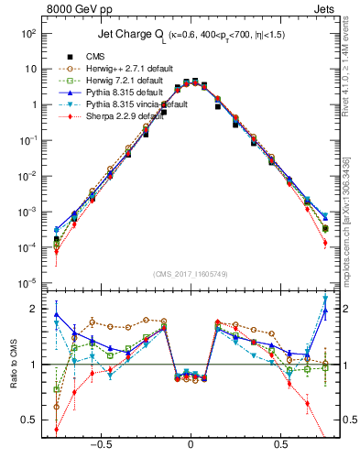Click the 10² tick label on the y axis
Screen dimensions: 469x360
coord(30,33)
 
